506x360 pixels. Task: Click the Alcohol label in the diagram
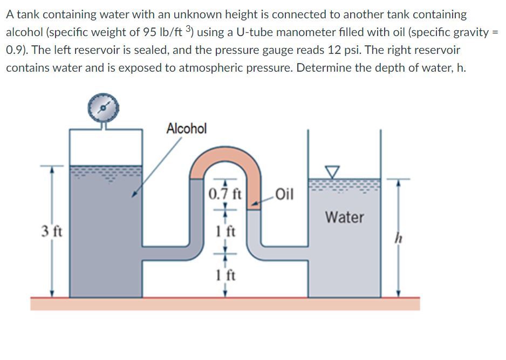[x=186, y=128]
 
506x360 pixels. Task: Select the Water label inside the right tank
[x=345, y=218]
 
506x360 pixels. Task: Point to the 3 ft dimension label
[x=52, y=233]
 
